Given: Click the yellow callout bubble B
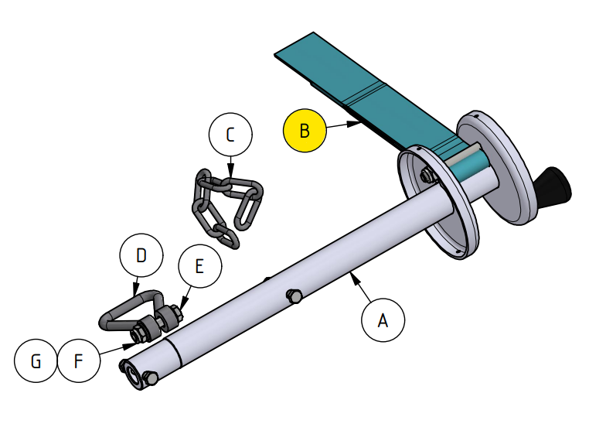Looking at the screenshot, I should (x=305, y=130).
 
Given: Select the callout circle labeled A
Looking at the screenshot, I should (x=382, y=320).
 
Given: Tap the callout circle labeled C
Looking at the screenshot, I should (x=230, y=135).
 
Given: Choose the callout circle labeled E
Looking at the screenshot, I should (x=199, y=267).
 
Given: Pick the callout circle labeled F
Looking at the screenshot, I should (x=79, y=361).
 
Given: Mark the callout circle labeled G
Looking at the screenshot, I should (x=36, y=361).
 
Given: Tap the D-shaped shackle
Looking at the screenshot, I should (x=128, y=314).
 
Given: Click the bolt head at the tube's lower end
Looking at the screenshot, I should (x=152, y=378).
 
